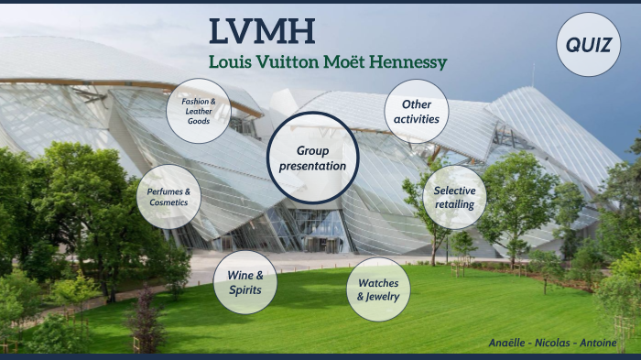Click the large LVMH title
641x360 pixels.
[261, 30]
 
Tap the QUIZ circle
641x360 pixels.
[588, 44]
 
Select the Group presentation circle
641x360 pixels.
[313, 158]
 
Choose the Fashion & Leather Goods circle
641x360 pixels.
[198, 111]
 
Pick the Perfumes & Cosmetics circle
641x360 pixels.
[168, 196]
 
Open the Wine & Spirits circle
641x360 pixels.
[244, 282]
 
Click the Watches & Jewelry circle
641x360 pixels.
[378, 289]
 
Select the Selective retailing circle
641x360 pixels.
[455, 197]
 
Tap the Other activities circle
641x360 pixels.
[416, 111]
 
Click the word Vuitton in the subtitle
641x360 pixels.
[279, 63]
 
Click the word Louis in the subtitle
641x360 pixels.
[226, 63]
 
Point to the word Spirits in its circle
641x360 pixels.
[244, 290]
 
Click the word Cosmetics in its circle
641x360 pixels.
[168, 202]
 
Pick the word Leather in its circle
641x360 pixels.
[199, 111]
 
